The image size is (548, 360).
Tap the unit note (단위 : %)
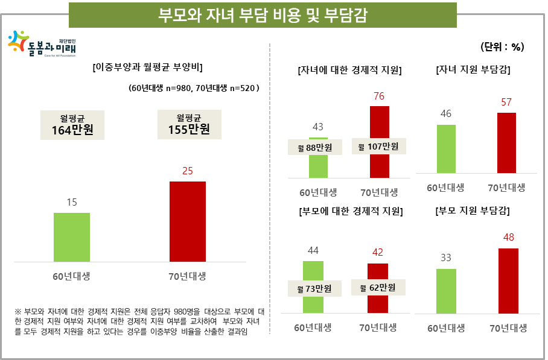[502, 46]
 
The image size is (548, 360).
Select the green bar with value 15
[72, 237]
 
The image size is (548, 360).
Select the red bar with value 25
[187, 221]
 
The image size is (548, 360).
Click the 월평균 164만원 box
[72, 125]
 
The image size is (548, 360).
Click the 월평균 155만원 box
[188, 125]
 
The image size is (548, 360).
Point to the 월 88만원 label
[314, 147]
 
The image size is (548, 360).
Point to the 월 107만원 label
[379, 147]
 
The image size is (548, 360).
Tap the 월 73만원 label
[314, 289]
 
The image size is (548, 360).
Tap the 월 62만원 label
[378, 287]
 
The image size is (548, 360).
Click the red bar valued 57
[506, 143]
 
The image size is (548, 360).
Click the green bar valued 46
[446, 149]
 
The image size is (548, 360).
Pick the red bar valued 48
[509, 281]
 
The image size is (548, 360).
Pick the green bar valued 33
[446, 291]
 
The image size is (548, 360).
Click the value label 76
[379, 96]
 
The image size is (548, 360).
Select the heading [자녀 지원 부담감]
[473, 70]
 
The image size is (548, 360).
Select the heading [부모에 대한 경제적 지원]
[351, 212]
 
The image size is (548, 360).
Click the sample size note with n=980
[194, 88]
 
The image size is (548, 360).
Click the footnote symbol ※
[18, 312]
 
